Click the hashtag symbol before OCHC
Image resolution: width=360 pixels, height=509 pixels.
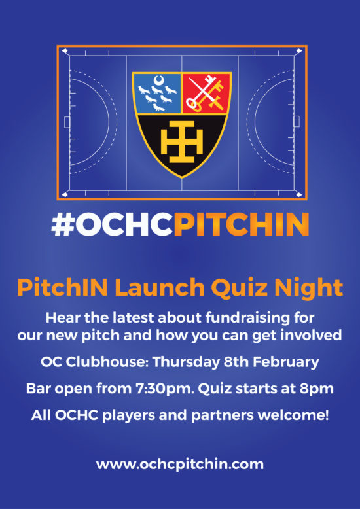[63, 224]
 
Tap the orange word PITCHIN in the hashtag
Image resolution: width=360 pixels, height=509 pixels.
[241, 224]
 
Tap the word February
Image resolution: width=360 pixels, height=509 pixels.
[287, 362]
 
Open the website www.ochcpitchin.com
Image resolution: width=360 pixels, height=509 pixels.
[180, 465]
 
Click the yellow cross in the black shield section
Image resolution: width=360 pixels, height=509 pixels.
[181, 141]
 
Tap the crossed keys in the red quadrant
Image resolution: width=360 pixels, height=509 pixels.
[207, 93]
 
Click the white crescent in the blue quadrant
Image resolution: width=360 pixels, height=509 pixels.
[158, 80]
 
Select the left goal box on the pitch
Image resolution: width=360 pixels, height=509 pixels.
[67, 122]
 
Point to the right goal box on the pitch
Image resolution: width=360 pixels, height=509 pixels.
[297, 122]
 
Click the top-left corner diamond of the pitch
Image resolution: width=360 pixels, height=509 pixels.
[65, 51]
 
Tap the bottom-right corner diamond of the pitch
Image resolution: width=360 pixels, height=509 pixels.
[299, 194]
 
